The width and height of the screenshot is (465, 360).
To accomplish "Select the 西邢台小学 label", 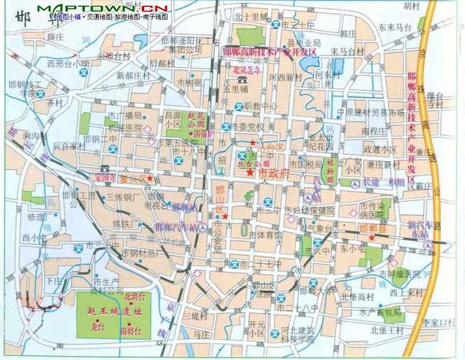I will click(63, 63).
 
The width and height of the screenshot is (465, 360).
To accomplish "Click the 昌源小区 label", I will click(173, 118).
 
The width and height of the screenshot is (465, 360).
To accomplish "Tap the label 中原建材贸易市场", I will click(371, 112).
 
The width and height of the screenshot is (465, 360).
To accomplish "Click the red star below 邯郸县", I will click(371, 237).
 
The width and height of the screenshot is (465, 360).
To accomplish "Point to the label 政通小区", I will click(381, 149).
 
